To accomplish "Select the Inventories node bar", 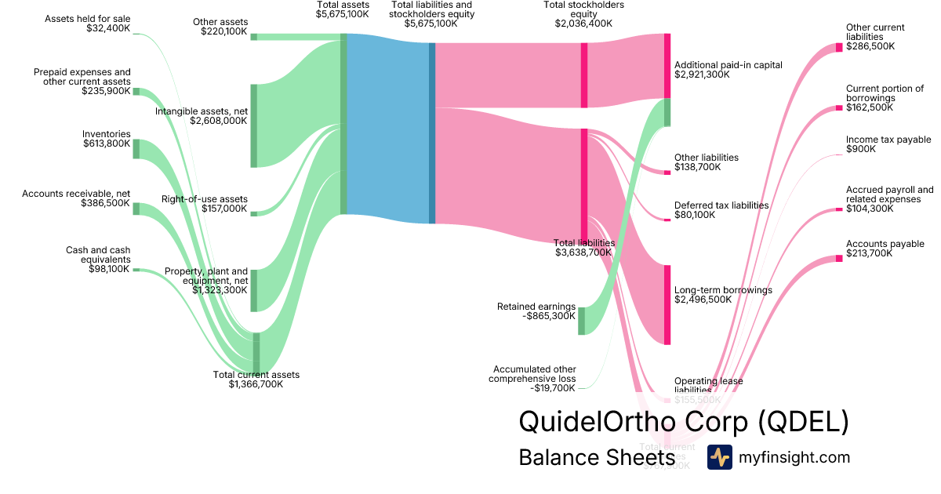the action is tap(136, 149).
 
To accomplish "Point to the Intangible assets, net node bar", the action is tap(253, 125).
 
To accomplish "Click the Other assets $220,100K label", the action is tap(220, 27).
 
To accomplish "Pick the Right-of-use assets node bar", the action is tap(253, 213).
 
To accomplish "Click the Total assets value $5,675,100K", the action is tap(343, 14).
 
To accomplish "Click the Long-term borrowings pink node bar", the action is tap(667, 304).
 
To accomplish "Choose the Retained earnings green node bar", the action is tap(581, 321).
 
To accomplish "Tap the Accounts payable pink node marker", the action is tap(838, 258).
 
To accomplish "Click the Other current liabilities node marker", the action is tap(838, 47).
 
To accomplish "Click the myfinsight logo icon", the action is tap(719, 457).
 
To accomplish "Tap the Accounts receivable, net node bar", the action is tap(136, 208).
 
